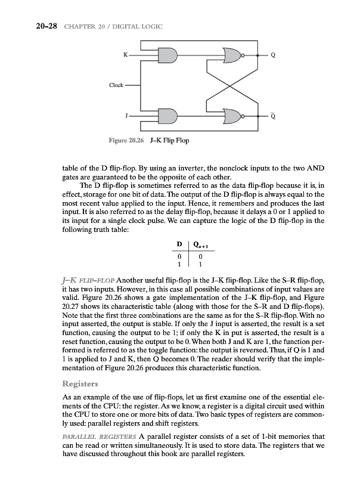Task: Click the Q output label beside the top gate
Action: tap(273, 56)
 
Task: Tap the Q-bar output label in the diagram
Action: tap(273, 116)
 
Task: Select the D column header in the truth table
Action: tap(179, 243)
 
